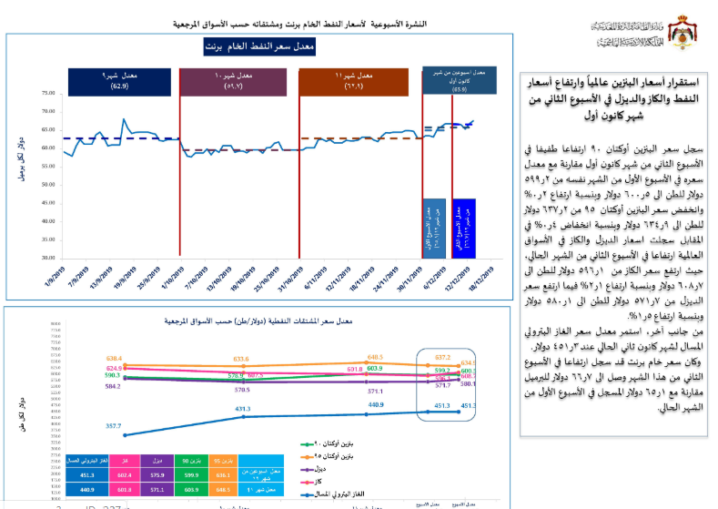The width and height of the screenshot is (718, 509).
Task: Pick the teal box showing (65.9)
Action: [x=459, y=80]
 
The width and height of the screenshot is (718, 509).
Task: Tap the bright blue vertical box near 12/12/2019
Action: [x=464, y=224]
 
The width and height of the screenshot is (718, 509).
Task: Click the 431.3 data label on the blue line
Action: [x=243, y=410]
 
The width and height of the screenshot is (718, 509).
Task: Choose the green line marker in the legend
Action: [x=311, y=446]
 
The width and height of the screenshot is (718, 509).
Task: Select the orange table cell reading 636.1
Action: [x=220, y=474]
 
